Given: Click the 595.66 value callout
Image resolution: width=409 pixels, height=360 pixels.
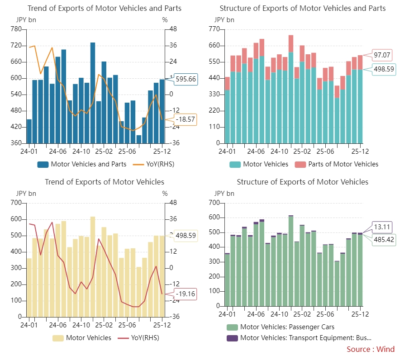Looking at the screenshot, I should point(185,79).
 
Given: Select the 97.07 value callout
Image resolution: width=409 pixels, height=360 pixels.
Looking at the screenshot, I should point(382,55).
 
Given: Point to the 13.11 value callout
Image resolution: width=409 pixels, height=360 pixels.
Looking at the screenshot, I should point(382,227).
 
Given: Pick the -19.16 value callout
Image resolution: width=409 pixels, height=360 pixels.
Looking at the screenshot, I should point(185,294).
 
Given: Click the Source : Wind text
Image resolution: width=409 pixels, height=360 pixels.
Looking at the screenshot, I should point(371,349).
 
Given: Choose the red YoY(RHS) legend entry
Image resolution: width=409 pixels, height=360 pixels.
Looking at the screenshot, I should point(138,338).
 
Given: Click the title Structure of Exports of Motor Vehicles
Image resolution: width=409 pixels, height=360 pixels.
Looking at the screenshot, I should point(303,182).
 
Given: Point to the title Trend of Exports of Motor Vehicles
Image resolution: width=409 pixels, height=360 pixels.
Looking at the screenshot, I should point(105,182).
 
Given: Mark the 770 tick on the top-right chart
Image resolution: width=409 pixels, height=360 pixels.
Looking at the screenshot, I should point(214,29).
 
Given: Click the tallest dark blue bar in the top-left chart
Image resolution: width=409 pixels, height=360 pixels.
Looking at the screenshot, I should point(93,93).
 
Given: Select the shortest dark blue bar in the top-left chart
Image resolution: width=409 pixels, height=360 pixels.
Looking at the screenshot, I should point(139,139).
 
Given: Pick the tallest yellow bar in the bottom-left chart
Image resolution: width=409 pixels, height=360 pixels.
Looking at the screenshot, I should point(93,267).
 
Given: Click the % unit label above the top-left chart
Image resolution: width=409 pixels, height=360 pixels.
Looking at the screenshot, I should point(165,20).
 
